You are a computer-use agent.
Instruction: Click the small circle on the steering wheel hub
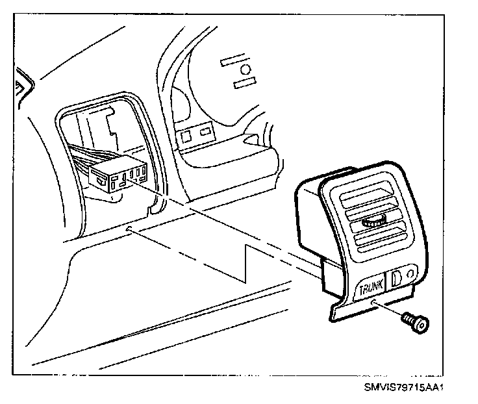[246, 69]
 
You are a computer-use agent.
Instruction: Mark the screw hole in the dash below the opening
[130, 229]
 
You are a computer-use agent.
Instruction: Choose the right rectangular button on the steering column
[205, 132]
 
